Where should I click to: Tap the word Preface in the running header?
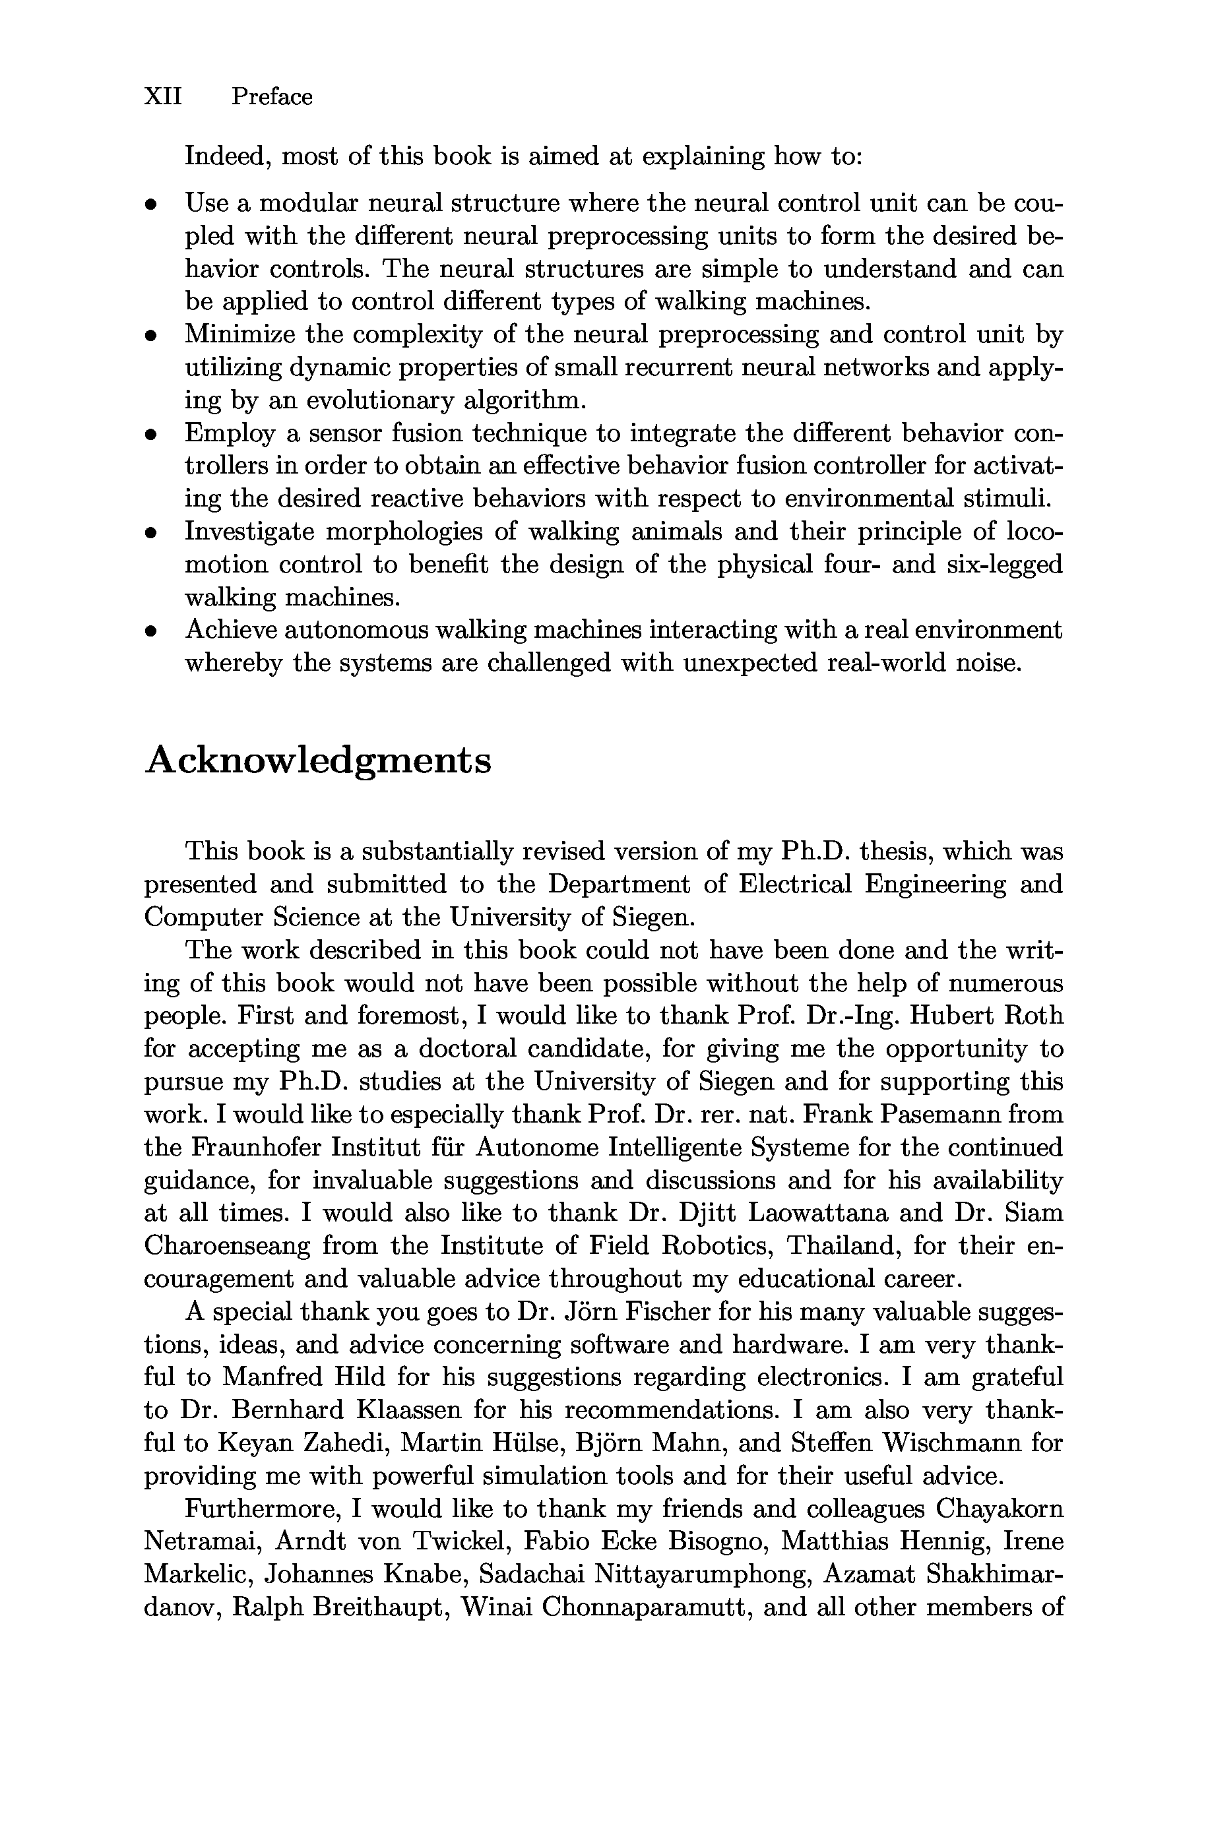272,97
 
